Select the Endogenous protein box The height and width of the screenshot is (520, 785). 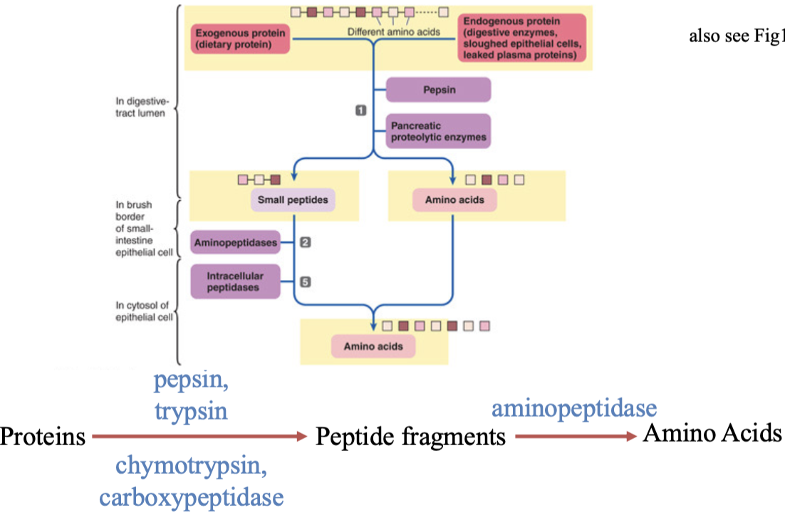coord(521,38)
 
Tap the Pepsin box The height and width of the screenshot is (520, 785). coord(438,90)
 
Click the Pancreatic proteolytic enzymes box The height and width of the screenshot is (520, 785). coord(438,131)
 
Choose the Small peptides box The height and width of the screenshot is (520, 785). coord(293,200)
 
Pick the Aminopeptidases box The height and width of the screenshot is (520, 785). coord(234,243)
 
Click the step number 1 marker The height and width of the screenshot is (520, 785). coord(360,110)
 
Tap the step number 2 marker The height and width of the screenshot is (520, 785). coord(306,243)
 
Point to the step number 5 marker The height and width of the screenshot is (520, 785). coord(306,282)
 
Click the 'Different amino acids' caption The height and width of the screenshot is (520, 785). coord(393,31)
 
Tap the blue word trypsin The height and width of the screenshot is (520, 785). coord(191,411)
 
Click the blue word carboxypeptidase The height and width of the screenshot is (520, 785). coord(191,496)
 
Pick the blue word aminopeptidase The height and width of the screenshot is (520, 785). coord(574,409)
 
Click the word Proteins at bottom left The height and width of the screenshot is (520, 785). coord(43,437)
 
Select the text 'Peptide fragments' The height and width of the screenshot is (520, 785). coord(410,437)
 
